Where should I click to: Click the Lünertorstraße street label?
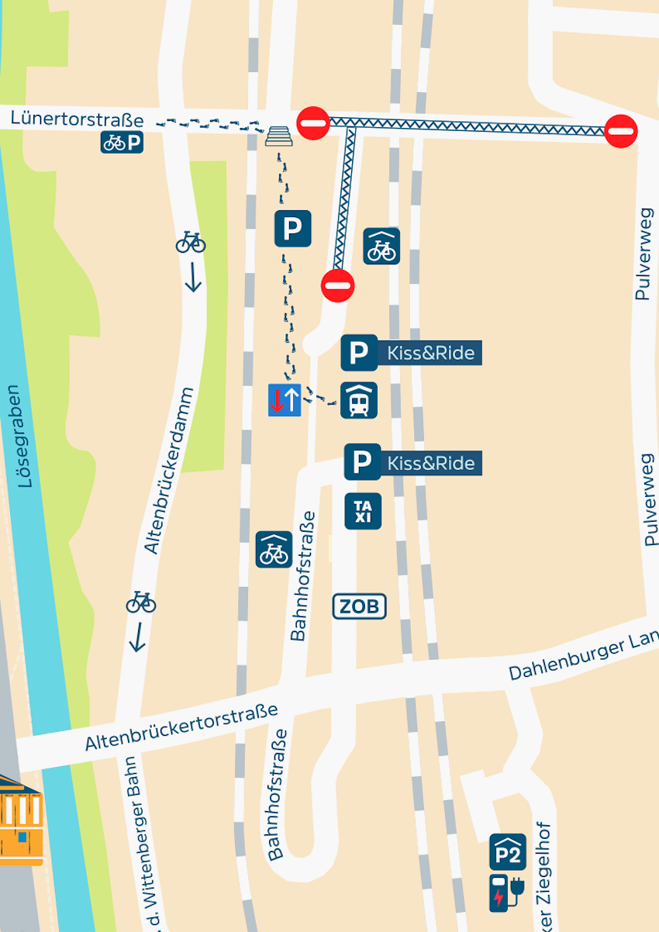pos(78,120)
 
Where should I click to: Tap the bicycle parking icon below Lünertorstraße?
pos(122,143)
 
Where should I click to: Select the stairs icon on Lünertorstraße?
pos(279,136)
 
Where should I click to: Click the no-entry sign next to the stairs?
pos(314,123)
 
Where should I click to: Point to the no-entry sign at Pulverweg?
pos(621,130)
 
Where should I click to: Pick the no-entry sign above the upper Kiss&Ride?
pos(337,285)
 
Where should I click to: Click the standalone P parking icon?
pos(293,229)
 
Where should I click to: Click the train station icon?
pos(359,400)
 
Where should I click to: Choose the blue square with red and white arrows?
pos(285,400)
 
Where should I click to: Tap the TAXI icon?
pos(363,512)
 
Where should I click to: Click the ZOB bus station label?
pos(360,606)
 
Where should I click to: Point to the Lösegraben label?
pos(26,436)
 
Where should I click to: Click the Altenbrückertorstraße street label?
pos(181,727)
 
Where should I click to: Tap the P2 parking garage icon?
pos(508,852)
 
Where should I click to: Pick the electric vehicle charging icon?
pos(506,892)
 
